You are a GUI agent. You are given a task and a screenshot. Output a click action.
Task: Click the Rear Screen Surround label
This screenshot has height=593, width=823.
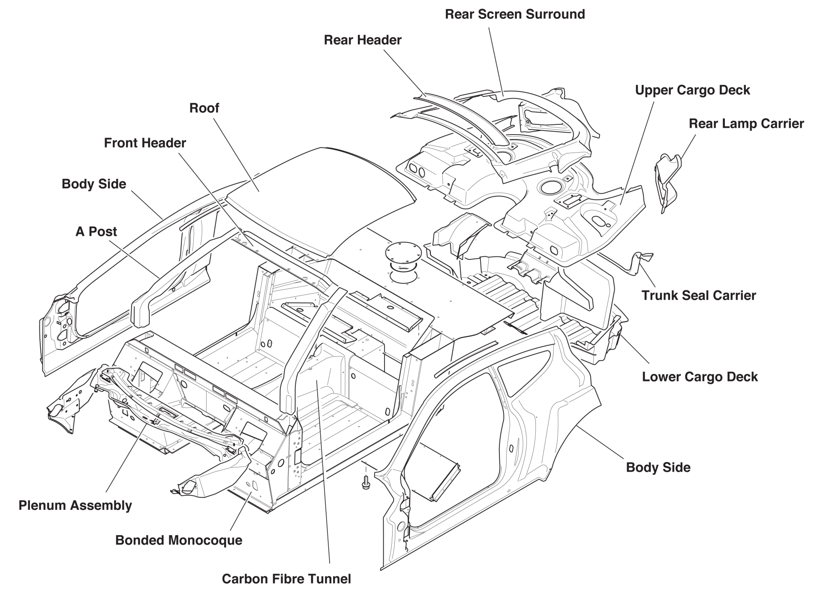click(x=514, y=14)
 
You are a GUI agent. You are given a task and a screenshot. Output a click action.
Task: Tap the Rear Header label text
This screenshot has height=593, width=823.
click(x=362, y=40)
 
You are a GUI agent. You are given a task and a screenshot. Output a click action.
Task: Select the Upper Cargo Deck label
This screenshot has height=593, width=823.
click(x=692, y=90)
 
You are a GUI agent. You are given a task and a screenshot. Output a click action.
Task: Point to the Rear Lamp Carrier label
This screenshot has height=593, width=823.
click(x=746, y=123)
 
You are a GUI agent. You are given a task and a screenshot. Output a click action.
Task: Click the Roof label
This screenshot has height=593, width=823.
click(x=204, y=108)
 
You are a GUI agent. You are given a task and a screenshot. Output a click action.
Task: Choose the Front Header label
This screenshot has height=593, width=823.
click(x=145, y=143)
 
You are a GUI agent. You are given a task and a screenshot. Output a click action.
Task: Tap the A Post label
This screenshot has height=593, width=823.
click(x=96, y=232)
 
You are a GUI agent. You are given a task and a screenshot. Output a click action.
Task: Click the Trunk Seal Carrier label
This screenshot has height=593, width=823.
click(x=698, y=295)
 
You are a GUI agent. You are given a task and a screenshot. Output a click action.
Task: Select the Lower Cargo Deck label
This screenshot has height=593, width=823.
click(x=700, y=376)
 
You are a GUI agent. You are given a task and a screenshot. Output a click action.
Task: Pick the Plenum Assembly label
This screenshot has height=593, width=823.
click(x=75, y=505)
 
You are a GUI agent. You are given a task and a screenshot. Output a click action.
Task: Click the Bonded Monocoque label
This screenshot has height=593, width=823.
click(x=178, y=540)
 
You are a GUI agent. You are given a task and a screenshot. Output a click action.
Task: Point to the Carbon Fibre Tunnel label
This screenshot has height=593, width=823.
click(x=286, y=579)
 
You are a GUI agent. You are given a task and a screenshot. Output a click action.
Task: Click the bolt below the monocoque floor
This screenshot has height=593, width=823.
click(x=366, y=484)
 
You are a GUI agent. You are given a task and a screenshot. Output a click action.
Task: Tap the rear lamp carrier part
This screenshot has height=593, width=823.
click(x=667, y=180)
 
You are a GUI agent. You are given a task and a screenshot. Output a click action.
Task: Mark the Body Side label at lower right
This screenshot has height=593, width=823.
click(x=658, y=467)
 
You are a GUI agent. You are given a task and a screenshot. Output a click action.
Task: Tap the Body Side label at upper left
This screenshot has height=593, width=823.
click(x=94, y=184)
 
